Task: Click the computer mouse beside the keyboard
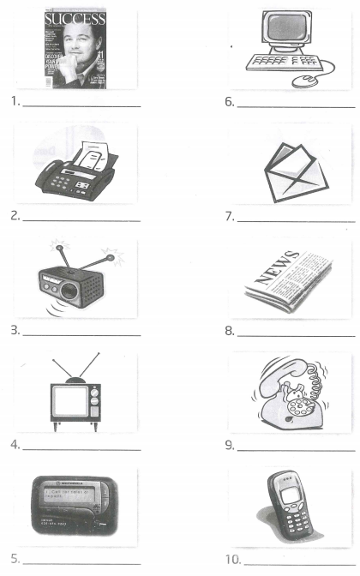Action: click(x=303, y=80)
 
